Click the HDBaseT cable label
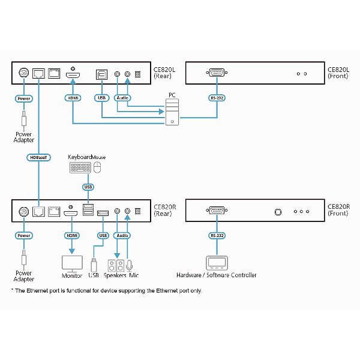39,158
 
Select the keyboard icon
81,169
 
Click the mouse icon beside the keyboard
99,169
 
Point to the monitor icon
73,263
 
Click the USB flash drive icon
94,265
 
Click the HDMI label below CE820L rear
73,97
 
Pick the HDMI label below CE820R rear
73,236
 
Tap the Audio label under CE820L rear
122,97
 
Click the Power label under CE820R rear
24,236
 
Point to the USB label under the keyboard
89,187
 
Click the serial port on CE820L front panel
216,74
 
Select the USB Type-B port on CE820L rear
101,74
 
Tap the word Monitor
73,275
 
